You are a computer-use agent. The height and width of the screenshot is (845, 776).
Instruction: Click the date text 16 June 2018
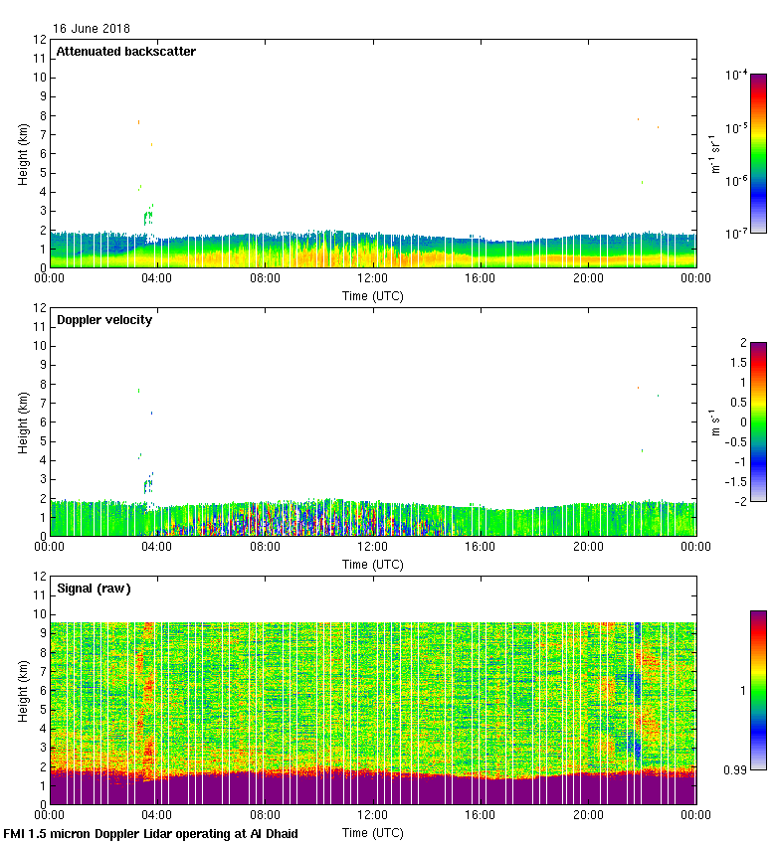91,29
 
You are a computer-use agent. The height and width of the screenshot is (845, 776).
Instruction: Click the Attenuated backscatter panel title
125,52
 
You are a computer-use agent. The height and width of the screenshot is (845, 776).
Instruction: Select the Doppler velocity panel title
104,320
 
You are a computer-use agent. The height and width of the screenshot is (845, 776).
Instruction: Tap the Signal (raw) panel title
94,589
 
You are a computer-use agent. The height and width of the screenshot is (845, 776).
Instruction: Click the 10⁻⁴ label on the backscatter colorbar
736,76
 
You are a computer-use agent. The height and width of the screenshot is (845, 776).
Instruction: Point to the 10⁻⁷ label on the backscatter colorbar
736,233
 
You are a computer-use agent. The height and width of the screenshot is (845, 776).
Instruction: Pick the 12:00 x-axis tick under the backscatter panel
373,279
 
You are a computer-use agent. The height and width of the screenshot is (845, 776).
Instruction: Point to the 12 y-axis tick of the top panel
40,40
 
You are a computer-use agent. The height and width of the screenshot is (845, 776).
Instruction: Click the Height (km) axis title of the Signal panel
23,691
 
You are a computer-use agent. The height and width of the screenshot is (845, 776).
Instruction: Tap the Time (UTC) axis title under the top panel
373,295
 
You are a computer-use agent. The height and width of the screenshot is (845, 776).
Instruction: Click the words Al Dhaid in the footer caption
274,833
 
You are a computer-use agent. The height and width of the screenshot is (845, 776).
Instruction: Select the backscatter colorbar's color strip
758,153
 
